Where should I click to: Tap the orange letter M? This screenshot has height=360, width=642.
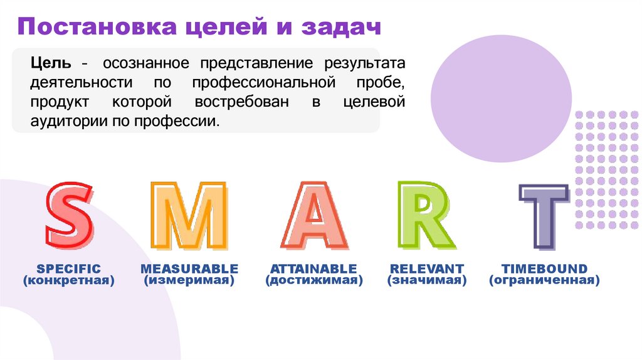pyautogui.click(x=189, y=216)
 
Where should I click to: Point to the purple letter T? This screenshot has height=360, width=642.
pyautogui.click(x=544, y=216)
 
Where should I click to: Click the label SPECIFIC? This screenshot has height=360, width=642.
pyautogui.click(x=68, y=269)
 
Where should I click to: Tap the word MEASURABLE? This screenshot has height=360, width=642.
pyautogui.click(x=189, y=269)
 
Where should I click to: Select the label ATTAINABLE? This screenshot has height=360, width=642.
pyautogui.click(x=313, y=269)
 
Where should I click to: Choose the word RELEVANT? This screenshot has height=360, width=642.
pyautogui.click(x=426, y=269)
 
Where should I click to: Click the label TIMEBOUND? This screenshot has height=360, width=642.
pyautogui.click(x=544, y=269)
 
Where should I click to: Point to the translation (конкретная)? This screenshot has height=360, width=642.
pyautogui.click(x=68, y=281)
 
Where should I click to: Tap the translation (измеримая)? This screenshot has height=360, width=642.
pyautogui.click(x=189, y=281)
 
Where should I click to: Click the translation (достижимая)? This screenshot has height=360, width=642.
pyautogui.click(x=313, y=281)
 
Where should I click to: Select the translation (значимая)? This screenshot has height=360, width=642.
pyautogui.click(x=426, y=281)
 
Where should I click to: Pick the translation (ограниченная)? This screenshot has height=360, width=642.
pyautogui.click(x=544, y=281)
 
